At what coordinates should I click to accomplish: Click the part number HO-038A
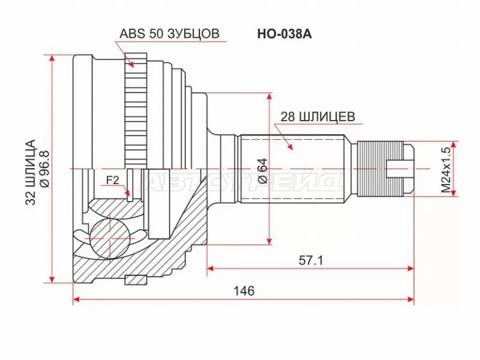(x=284, y=34)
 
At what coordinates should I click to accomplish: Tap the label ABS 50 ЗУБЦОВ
(x=169, y=34)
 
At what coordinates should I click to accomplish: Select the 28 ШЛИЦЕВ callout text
(x=318, y=116)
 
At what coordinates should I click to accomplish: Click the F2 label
(x=112, y=181)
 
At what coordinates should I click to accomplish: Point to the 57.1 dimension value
(x=311, y=260)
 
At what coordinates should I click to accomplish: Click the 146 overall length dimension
(x=244, y=291)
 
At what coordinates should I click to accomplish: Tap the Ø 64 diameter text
(x=262, y=170)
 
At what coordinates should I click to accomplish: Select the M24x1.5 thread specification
(x=446, y=169)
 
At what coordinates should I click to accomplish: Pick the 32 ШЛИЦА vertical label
(x=31, y=172)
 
